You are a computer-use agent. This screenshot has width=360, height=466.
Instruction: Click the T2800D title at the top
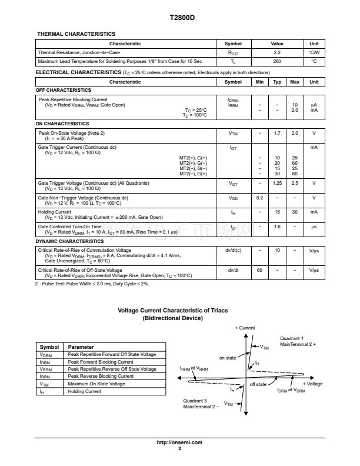[x=179, y=18]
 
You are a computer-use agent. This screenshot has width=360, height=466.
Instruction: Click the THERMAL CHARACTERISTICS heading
[x=76, y=34]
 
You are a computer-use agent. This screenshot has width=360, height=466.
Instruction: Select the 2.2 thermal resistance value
[x=276, y=52]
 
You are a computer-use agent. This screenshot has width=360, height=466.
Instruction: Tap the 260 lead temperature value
[x=276, y=61]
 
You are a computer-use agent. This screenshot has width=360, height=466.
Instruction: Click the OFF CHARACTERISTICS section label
[x=64, y=90]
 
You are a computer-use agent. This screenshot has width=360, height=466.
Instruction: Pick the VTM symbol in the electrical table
[x=233, y=133]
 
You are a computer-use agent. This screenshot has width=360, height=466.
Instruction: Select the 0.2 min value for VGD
[x=259, y=198]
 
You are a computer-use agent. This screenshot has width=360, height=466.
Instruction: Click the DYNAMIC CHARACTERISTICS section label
[x=69, y=242]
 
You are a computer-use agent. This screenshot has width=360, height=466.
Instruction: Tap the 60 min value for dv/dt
[x=259, y=270]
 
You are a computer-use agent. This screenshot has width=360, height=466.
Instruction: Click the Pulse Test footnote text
[x=94, y=284]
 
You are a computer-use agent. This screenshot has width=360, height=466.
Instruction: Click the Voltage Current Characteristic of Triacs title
[x=173, y=310]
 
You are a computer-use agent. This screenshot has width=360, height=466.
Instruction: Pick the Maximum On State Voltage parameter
[x=96, y=384]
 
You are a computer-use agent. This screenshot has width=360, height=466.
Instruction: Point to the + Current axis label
[x=245, y=328]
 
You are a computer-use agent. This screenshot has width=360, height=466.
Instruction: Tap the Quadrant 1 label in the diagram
[x=292, y=338]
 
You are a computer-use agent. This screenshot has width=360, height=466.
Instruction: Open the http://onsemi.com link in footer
[x=180, y=442]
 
